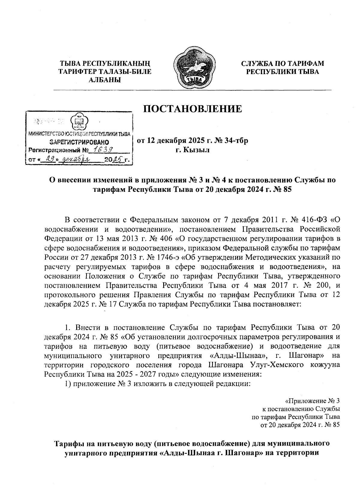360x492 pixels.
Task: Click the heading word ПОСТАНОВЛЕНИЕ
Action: pyautogui.click(x=192, y=109)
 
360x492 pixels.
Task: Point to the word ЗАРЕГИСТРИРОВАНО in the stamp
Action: pyautogui.click(x=79, y=142)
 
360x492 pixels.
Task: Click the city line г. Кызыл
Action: pyautogui.click(x=192, y=150)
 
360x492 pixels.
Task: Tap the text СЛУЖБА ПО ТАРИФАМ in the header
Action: pyautogui.click(x=283, y=63)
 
